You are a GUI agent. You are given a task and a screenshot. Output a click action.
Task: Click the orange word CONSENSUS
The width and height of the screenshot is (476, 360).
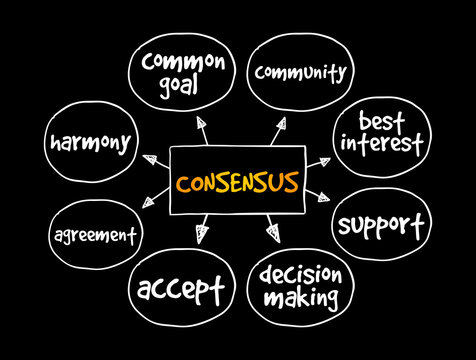236,183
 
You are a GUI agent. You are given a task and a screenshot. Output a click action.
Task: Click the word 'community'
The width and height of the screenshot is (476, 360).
301,72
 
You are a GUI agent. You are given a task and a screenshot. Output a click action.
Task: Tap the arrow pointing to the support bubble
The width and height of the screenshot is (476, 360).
318,196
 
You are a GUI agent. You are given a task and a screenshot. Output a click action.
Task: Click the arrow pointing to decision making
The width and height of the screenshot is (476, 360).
272,233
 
